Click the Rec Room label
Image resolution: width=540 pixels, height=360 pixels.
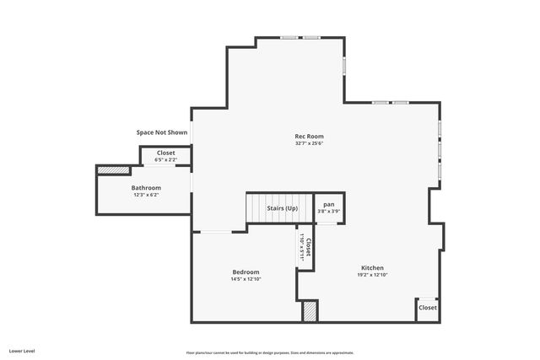(309, 136)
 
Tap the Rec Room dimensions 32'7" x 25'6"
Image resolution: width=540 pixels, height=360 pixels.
(309, 143)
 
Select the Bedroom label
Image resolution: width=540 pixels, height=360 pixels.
(246, 271)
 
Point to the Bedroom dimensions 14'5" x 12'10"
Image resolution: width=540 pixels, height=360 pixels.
(246, 279)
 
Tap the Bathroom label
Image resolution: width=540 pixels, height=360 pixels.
(146, 187)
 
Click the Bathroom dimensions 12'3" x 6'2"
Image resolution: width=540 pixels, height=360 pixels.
(146, 195)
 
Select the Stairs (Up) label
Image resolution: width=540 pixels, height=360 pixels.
(282, 207)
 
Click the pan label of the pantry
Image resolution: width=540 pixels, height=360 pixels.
(329, 204)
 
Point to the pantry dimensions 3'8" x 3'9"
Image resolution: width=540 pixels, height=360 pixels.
(329, 211)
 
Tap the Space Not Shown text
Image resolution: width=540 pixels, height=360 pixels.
(162, 132)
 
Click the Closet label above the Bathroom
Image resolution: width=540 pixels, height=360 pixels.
(166, 153)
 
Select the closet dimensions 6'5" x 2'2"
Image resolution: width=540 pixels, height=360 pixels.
(166, 159)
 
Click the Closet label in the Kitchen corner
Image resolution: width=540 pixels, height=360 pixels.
(428, 308)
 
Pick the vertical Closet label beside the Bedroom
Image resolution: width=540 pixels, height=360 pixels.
(309, 247)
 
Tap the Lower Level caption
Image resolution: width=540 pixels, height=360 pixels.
(22, 349)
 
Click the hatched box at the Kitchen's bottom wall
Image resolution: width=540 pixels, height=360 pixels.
(310, 310)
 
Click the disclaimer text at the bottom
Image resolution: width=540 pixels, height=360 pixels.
(270, 352)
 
